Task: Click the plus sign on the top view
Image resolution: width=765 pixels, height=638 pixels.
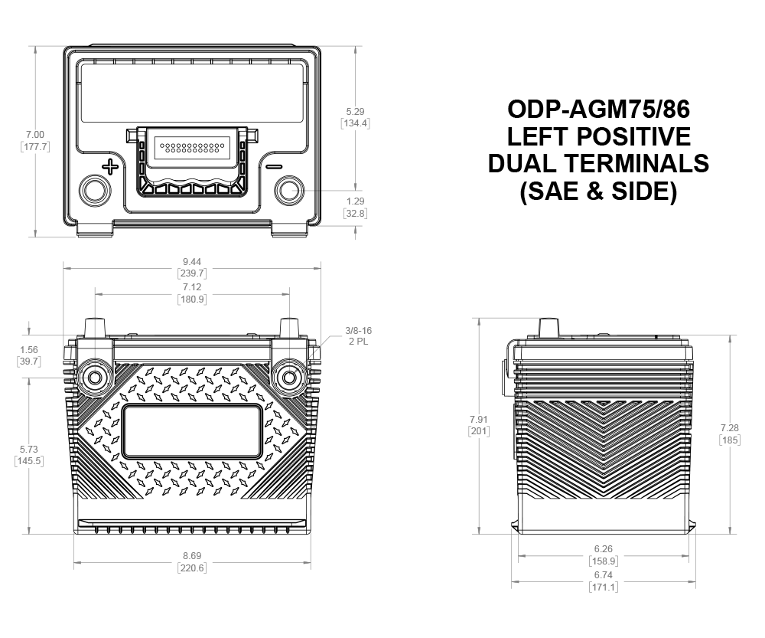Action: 110,167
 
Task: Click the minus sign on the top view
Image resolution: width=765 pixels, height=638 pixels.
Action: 274,167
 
